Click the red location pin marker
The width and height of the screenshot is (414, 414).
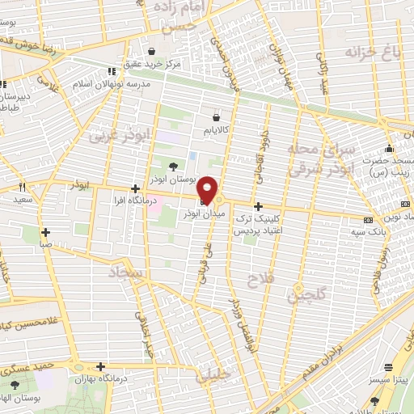(207, 188)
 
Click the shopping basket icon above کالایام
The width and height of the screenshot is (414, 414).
(215, 116)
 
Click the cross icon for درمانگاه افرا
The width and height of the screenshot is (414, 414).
(134, 188)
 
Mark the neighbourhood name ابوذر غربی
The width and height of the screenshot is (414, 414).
(117, 133)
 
